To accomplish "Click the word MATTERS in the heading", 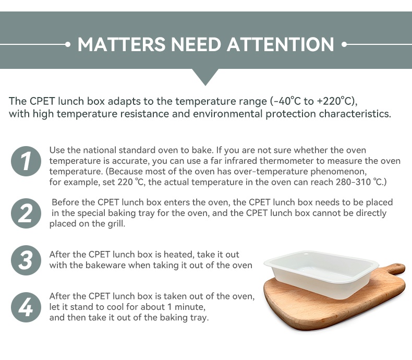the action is [x=122, y=44].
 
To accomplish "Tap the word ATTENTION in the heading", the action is [x=281, y=44].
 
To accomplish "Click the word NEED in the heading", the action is [x=196, y=44].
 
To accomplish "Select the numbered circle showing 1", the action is [x=26, y=161].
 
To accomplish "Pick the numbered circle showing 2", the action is [x=26, y=213].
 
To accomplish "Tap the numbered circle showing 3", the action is [x=26, y=260].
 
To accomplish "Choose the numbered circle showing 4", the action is [x=26, y=307].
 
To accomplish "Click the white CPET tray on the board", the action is [x=321, y=273].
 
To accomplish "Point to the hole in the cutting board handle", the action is [x=396, y=268].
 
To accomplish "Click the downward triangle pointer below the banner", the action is [x=205, y=77].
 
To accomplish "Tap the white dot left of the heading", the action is [x=68, y=44].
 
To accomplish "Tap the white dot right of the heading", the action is [x=344, y=44].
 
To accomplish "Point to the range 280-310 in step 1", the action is [x=353, y=182].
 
